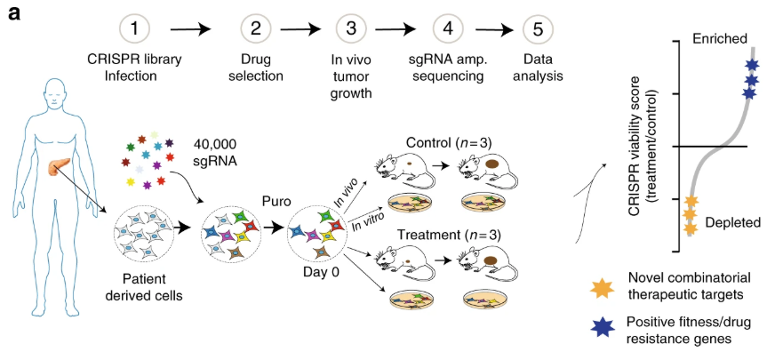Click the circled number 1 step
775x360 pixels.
point(133,28)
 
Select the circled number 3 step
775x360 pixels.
point(350,28)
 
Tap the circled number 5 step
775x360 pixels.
point(539,28)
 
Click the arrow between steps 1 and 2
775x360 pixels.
point(191,29)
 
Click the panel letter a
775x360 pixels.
point(14,12)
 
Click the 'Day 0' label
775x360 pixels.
point(316,271)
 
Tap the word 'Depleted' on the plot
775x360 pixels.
point(733,222)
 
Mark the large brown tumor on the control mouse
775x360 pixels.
point(493,164)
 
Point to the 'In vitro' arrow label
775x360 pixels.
point(366,221)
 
